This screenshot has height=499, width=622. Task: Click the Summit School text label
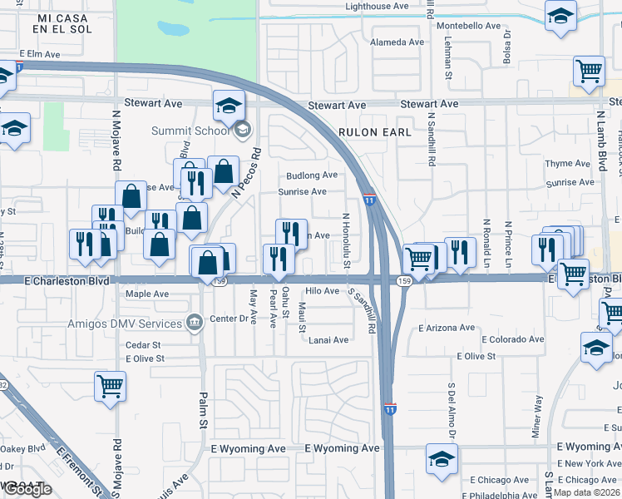[190, 131]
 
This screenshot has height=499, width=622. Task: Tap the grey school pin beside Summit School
[243, 129]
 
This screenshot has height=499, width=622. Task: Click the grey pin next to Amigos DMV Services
[195, 322]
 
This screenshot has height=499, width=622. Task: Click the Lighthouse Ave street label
[377, 6]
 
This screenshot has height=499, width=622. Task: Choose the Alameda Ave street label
[397, 42]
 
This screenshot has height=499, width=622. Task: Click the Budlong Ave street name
[312, 175]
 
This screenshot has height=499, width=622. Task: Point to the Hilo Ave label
[322, 291]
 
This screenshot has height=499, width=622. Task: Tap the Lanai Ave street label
[328, 340]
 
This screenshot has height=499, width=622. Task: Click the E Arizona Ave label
[450, 329]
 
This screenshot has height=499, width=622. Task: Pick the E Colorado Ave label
[512, 339]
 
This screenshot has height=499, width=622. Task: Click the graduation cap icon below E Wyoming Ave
[442, 458]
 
